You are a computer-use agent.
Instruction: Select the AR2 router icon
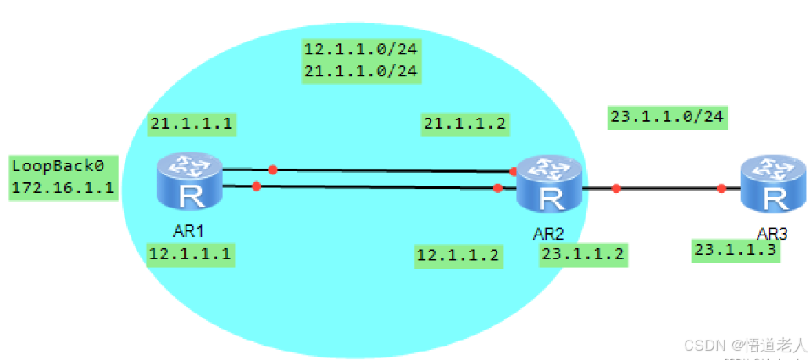point(550,186)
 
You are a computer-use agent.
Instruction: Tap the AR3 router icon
point(772,185)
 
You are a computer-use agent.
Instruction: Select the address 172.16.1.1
point(62,187)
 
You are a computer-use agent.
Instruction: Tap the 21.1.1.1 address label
point(191,125)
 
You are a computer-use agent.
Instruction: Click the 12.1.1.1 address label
point(190,253)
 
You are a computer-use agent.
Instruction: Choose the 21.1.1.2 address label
point(464,125)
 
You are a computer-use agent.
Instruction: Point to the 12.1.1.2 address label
point(458,255)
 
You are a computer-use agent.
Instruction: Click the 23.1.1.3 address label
point(736,250)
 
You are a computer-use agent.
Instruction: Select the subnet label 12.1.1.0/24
point(361,49)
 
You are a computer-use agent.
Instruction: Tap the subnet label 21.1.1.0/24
point(361,71)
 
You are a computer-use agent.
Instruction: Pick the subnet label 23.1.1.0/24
point(668,117)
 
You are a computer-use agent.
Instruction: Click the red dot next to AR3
point(721,188)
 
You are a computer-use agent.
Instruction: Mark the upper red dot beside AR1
point(272,169)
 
